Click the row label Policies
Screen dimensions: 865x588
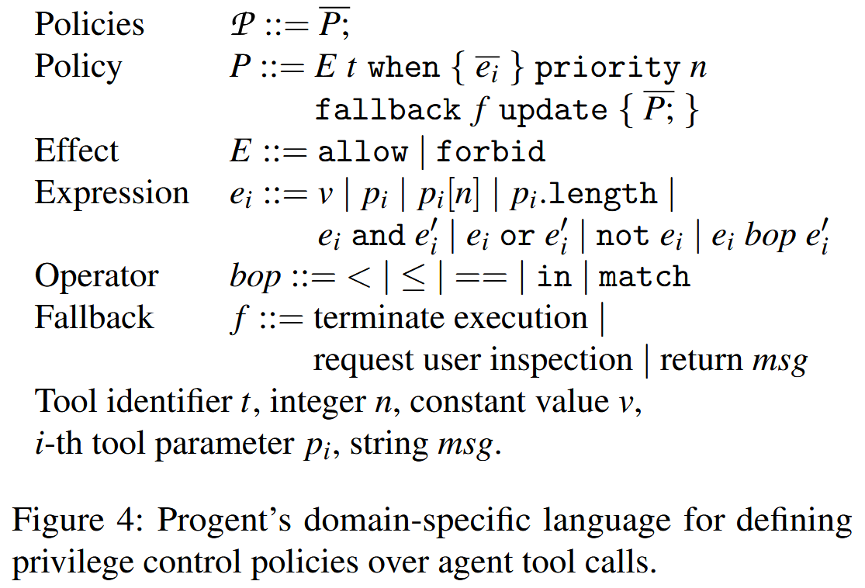pyautogui.click(x=89, y=25)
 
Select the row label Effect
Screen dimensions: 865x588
pyautogui.click(x=77, y=150)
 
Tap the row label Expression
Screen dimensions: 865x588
pyautogui.click(x=112, y=193)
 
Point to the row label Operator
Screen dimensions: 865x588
pyautogui.click(x=96, y=277)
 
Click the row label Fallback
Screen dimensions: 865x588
pyautogui.click(x=94, y=318)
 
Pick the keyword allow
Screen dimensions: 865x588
pyautogui.click(x=362, y=150)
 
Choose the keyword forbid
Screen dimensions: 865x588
pyautogui.click(x=490, y=150)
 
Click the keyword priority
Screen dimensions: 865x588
pyautogui.click(x=607, y=68)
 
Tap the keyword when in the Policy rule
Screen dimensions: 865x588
pyautogui.click(x=403, y=67)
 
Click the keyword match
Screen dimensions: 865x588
pyautogui.click(x=644, y=277)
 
